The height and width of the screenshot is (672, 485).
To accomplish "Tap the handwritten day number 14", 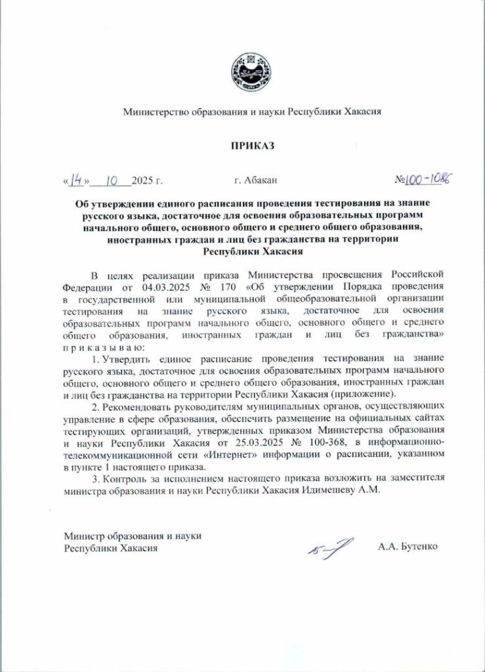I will point(77,178).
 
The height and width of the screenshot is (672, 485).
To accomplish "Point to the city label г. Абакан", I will point(255,179).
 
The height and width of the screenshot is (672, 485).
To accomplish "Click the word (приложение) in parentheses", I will point(364,394).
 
